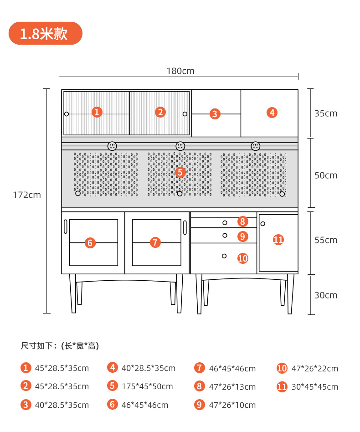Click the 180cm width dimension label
coord(180,71)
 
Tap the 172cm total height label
coord(27,195)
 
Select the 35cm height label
coord(326,113)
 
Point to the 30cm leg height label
coord(326,295)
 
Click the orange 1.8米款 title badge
coord(46,33)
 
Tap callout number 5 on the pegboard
coord(180,172)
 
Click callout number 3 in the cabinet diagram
coord(215,114)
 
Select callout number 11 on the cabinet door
coord(278,240)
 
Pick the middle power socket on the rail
coord(180,146)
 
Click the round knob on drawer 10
coord(224,256)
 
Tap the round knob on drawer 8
coord(225,223)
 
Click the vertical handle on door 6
coord(66,227)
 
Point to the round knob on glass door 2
coord(185,114)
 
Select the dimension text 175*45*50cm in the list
coord(147,386)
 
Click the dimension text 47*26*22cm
coord(315,369)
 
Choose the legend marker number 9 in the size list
coord(199,405)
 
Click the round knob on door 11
coord(263,224)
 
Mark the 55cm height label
coord(326,240)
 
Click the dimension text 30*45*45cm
coord(315,387)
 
